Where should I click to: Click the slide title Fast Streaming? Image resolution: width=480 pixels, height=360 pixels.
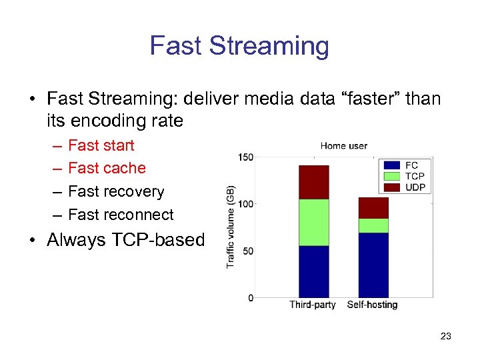[x=239, y=45]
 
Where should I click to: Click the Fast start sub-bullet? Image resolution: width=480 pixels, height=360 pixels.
[x=101, y=145]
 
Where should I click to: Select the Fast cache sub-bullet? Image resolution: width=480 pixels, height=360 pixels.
[x=107, y=168]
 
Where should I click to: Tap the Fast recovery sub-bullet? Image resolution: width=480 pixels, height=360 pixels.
[x=116, y=191]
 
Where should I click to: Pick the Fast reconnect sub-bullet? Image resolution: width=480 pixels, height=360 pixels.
[x=121, y=215]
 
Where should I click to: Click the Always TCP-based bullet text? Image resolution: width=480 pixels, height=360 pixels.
[x=125, y=240]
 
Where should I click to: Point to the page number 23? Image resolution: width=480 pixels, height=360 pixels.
[x=445, y=336]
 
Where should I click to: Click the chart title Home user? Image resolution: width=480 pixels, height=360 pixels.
[x=343, y=146]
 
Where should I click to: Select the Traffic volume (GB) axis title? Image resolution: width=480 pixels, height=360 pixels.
[x=231, y=227]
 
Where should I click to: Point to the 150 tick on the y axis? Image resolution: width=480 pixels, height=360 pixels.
[x=246, y=157]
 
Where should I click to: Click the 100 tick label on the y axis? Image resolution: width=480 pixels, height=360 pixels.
[x=246, y=204]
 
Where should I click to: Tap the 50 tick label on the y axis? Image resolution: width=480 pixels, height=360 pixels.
[x=248, y=251]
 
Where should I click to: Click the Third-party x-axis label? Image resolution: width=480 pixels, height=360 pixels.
[x=313, y=305]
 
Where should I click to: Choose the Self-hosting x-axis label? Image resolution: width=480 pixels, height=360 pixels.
[x=372, y=305]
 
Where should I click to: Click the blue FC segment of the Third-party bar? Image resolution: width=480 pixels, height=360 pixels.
[x=313, y=271]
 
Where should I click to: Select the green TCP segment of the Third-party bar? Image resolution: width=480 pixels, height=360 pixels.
[x=313, y=222]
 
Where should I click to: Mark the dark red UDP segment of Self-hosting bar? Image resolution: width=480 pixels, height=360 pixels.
[x=373, y=208]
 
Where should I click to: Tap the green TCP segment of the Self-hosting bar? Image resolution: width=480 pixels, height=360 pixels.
[x=373, y=225]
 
